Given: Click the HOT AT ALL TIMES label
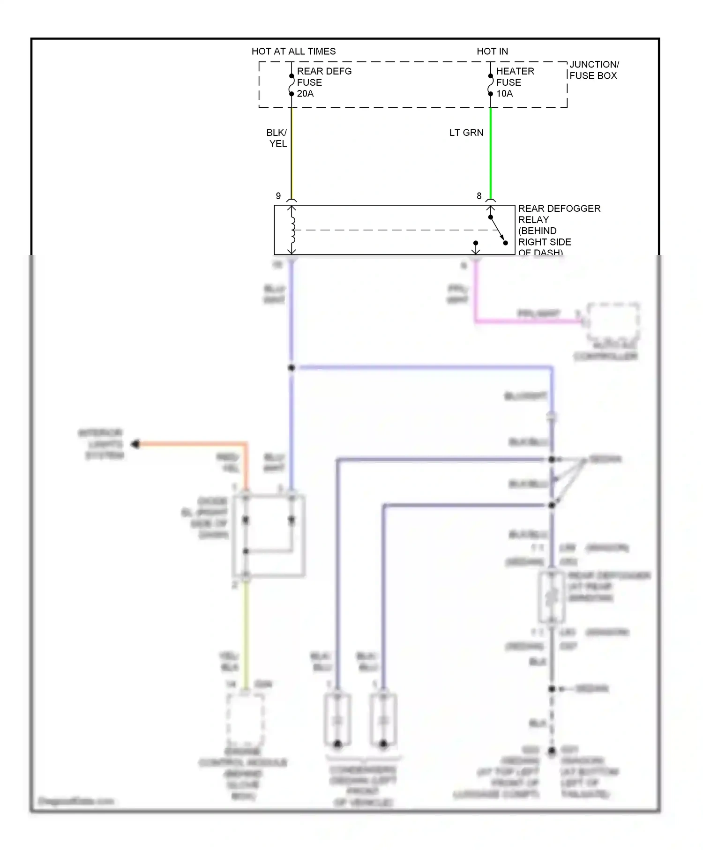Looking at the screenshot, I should tap(293, 51).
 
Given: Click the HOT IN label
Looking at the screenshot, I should tap(492, 51).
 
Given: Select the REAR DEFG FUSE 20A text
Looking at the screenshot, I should tap(323, 82).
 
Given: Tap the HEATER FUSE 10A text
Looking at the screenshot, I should tap(514, 82).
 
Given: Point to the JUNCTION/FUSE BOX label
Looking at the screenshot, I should tap(593, 70).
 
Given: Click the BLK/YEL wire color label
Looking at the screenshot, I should tap(277, 138).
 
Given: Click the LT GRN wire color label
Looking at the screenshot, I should tap(466, 133).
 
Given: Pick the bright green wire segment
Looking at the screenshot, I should tap(491, 155).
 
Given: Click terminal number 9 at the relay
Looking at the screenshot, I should tap(278, 196).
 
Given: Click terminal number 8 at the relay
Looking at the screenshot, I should tap(479, 196).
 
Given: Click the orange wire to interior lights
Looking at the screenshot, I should tap(192, 444).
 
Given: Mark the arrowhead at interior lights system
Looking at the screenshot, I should tap(135, 444).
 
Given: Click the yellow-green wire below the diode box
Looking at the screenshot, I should tap(246, 633).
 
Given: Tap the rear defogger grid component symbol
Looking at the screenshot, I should tap(552, 596).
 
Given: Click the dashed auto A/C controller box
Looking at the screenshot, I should tap(613, 322).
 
